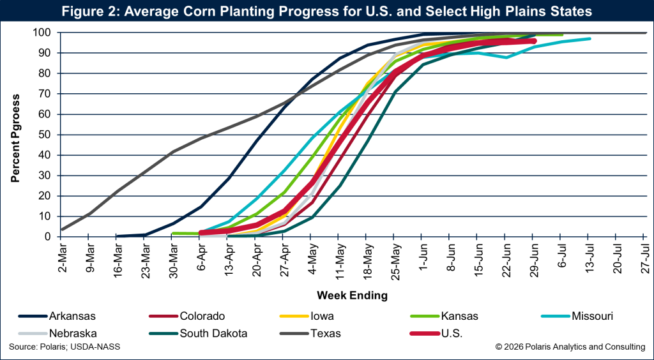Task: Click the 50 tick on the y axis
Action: [47, 135]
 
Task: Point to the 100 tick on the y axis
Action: [45, 33]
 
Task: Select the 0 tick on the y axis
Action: [50, 237]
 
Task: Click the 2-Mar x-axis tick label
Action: [62, 259]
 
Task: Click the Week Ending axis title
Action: [352, 296]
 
